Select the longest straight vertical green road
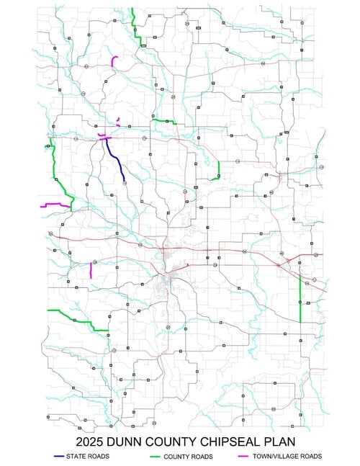click(300, 295)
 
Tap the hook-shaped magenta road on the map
click(114, 62)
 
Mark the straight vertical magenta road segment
click(91, 271)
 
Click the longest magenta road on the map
click(55, 205)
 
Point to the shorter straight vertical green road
click(218, 170)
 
